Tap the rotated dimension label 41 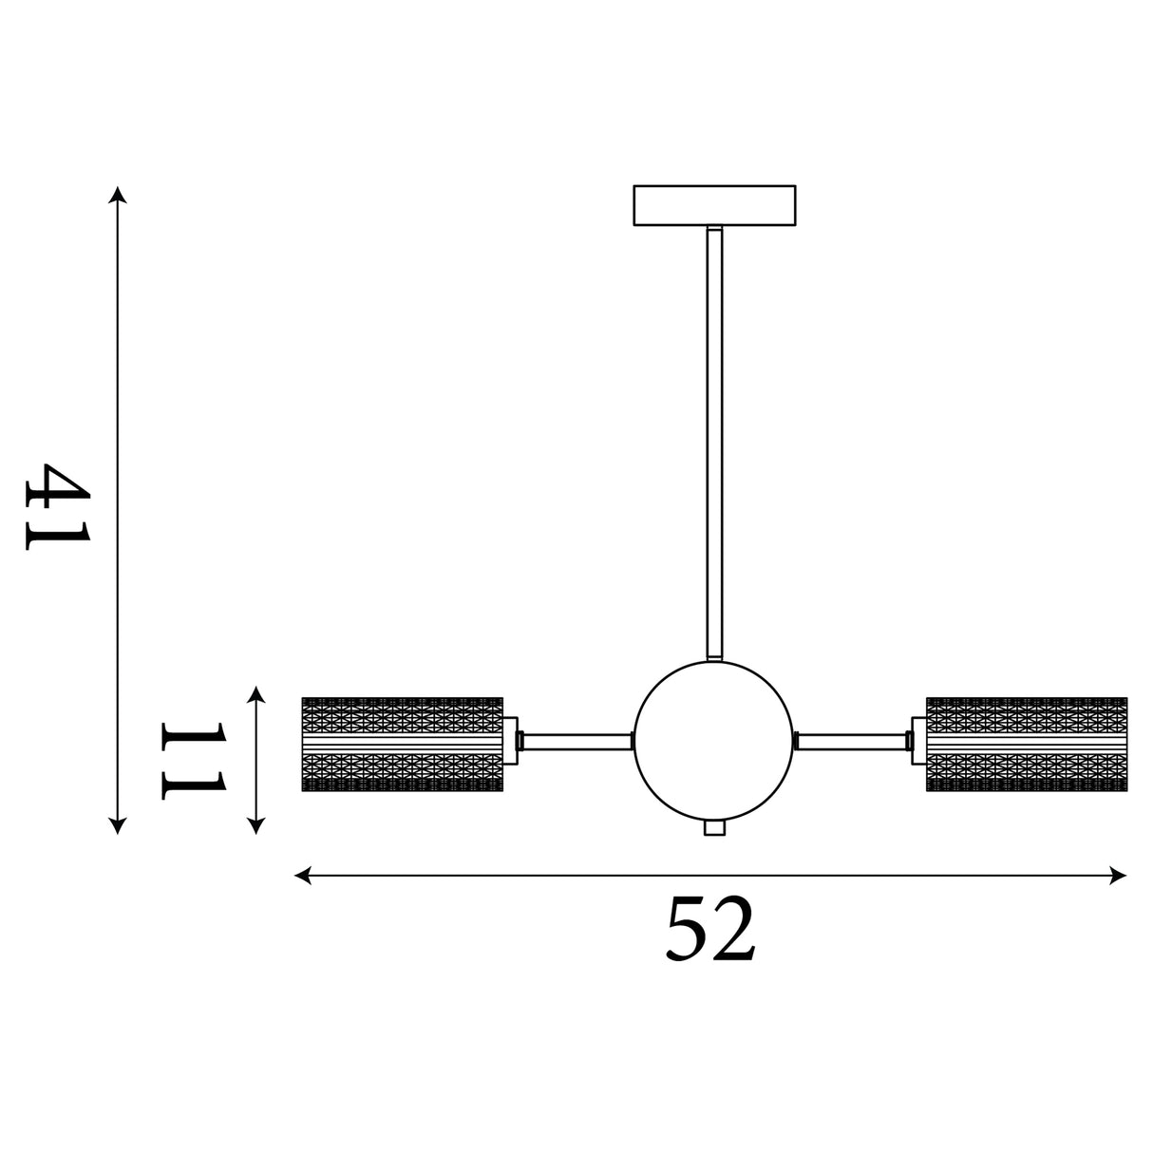click(58, 506)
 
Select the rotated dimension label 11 click(194, 760)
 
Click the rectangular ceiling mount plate click(714, 205)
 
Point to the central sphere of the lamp click(714, 741)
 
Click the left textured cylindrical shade click(402, 744)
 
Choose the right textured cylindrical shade click(1027, 744)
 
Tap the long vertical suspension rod click(714, 444)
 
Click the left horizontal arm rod click(576, 742)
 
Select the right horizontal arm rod click(852, 742)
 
